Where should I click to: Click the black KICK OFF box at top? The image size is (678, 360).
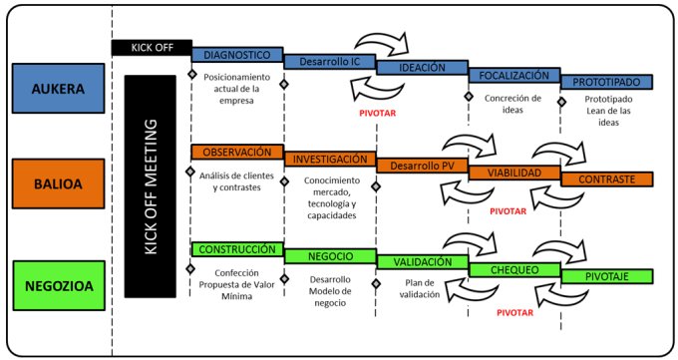(151, 47)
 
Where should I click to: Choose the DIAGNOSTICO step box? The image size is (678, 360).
(237, 55)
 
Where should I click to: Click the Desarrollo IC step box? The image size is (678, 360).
(330, 62)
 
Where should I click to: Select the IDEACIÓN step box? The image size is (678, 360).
(422, 68)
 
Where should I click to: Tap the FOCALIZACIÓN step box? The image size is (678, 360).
(514, 76)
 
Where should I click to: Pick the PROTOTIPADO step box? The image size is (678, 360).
(606, 82)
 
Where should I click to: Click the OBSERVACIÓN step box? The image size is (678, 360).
(237, 153)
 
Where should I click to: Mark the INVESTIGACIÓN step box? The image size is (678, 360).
(330, 160)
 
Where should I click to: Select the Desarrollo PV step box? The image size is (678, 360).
(422, 166)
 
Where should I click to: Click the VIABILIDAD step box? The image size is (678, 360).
(514, 174)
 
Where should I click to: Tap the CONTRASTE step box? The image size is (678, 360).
(606, 180)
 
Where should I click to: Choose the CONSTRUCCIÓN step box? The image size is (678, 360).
(237, 249)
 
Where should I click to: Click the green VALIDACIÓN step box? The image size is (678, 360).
(422, 262)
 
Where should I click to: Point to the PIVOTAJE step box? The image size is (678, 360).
(606, 276)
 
